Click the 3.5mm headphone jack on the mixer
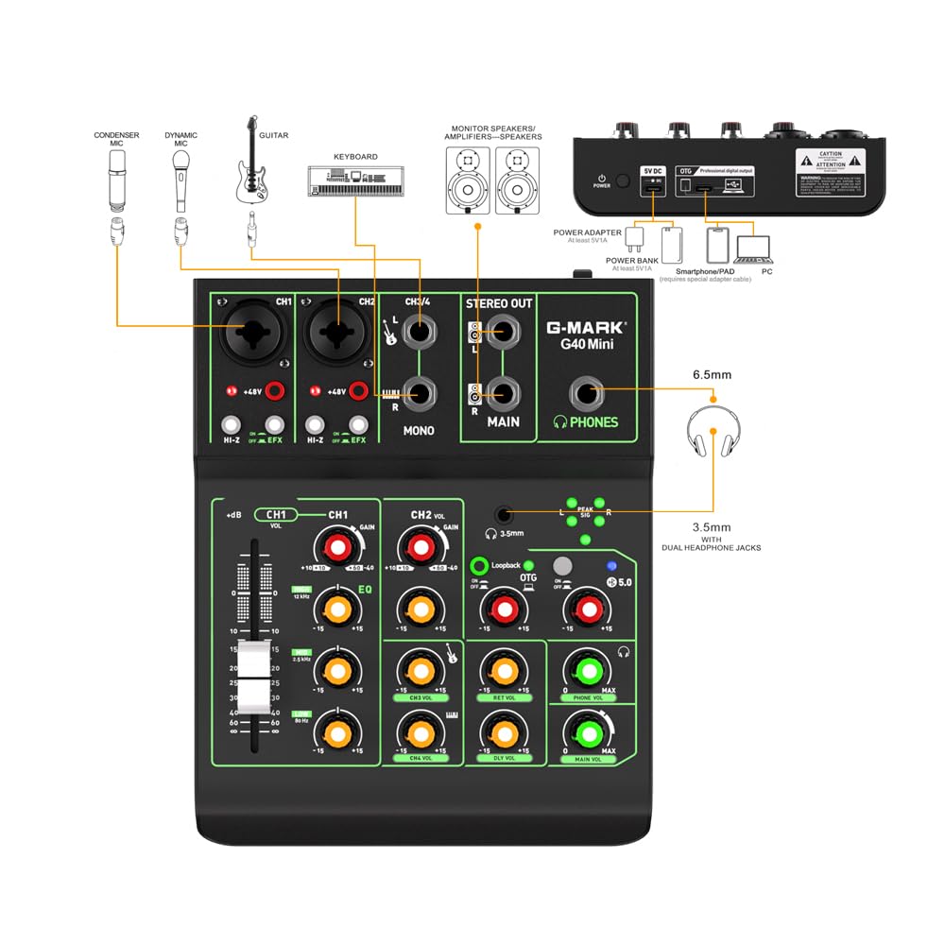[x=505, y=514]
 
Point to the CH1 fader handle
[x=252, y=677]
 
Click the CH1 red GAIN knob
[x=337, y=546]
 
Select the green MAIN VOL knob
[x=587, y=733]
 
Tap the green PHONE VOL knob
[x=587, y=672]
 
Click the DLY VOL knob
[x=504, y=730]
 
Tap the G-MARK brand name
[x=586, y=328]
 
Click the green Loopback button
[x=479, y=566]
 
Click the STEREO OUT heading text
[x=499, y=303]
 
